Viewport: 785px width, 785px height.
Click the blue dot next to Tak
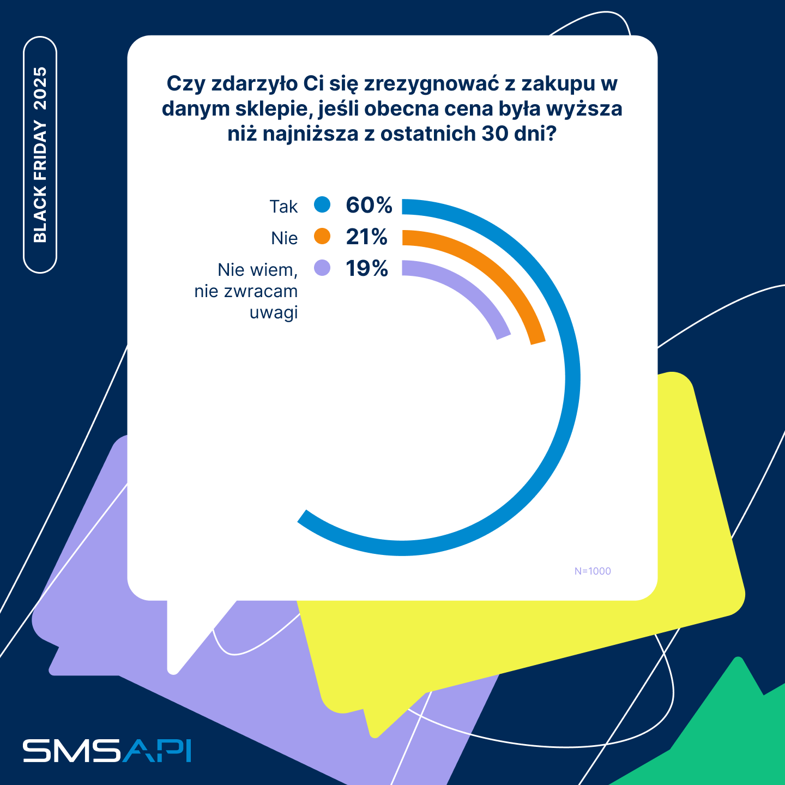click(322, 205)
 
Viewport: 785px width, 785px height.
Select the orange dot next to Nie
click(322, 237)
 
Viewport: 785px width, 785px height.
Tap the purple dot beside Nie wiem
click(322, 268)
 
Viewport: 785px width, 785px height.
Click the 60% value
click(369, 205)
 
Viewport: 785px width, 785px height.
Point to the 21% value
click(366, 237)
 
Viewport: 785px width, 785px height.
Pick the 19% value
click(367, 268)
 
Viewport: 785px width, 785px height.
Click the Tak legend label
click(283, 207)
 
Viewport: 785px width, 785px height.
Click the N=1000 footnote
click(593, 571)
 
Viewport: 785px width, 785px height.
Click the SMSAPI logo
click(107, 751)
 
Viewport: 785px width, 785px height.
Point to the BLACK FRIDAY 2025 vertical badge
click(40, 155)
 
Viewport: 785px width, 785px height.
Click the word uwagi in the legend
click(274, 313)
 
